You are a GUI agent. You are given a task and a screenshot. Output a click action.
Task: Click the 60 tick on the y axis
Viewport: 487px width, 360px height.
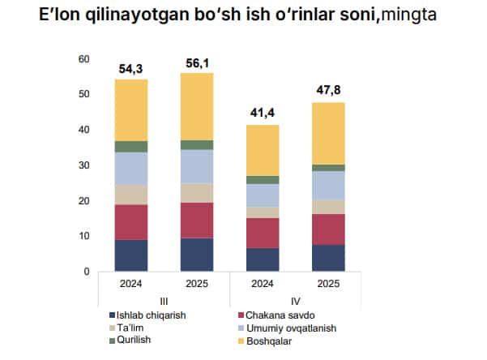pos(83,59)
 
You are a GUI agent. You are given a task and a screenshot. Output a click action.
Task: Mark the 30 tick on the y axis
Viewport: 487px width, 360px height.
pos(83,165)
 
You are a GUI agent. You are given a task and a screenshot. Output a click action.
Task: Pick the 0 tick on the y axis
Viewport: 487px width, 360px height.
pos(86,272)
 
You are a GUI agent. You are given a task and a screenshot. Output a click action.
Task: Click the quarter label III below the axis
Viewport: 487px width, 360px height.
pos(164,300)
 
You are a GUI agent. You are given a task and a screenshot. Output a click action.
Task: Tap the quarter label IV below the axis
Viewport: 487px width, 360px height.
pos(297,300)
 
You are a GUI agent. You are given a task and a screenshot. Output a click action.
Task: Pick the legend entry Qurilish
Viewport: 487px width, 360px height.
pos(135,341)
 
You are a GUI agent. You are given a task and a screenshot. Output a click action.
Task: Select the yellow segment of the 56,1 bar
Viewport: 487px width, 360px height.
pos(197,106)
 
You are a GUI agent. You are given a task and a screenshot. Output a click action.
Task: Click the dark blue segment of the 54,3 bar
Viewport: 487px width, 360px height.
pos(130,255)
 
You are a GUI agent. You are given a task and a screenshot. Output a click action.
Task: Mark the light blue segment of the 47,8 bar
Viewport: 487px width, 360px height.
pos(329,185)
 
